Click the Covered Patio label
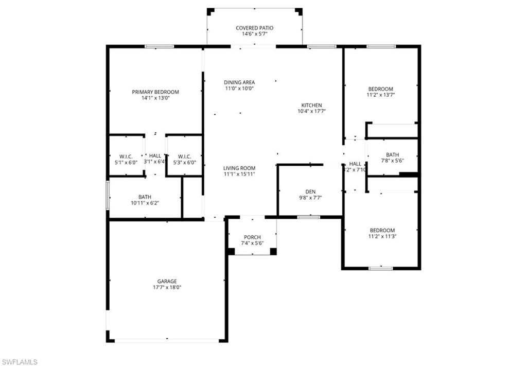pyautogui.click(x=254, y=28)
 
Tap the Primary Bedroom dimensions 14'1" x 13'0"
pyautogui.click(x=155, y=98)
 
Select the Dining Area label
pyautogui.click(x=239, y=82)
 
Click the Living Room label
pyautogui.click(x=239, y=168)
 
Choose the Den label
pyautogui.click(x=309, y=191)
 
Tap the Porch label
pyautogui.click(x=252, y=237)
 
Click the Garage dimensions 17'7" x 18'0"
pyautogui.click(x=167, y=288)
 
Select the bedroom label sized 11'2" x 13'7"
pyautogui.click(x=380, y=89)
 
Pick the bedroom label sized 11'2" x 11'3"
pyautogui.click(x=381, y=230)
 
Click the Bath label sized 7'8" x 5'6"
pyautogui.click(x=392, y=154)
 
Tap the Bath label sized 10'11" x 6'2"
pyautogui.click(x=145, y=197)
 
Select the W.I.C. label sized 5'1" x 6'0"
pyautogui.click(x=126, y=156)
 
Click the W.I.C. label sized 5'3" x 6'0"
pyautogui.click(x=184, y=156)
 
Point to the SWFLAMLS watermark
pyautogui.click(x=20, y=362)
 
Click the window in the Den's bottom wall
pyautogui.click(x=309, y=217)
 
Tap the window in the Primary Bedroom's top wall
pyautogui.click(x=159, y=46)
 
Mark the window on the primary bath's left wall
pyautogui.click(x=108, y=195)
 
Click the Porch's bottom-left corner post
pyautogui.click(x=231, y=251)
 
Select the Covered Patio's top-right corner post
pyautogui.click(x=298, y=11)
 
